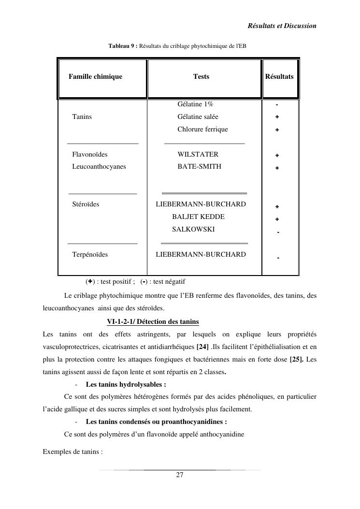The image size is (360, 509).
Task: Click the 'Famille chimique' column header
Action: [95, 76]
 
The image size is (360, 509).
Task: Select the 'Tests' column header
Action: [201, 76]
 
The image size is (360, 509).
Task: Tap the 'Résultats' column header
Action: [279, 76]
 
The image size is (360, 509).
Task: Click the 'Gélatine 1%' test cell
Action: [195, 104]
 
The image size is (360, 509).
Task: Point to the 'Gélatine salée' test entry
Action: [198, 116]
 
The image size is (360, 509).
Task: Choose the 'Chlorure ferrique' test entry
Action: [202, 129]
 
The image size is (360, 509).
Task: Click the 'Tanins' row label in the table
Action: [82, 116]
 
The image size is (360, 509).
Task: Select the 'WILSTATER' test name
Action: [198, 154]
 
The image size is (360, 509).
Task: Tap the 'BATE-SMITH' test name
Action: [199, 166]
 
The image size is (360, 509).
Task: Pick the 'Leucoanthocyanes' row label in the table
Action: [99, 166]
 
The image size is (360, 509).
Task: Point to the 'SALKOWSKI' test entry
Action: [193, 229]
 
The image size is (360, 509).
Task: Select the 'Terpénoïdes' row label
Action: [90, 254]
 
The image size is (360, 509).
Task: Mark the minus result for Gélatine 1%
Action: [277, 104]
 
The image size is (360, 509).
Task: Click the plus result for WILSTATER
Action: [277, 156]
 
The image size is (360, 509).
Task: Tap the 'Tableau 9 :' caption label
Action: [123, 46]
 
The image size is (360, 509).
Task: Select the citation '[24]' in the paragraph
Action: [202, 347]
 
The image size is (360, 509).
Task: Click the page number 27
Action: [180, 475]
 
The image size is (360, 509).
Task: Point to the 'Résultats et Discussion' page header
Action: [282, 25]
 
